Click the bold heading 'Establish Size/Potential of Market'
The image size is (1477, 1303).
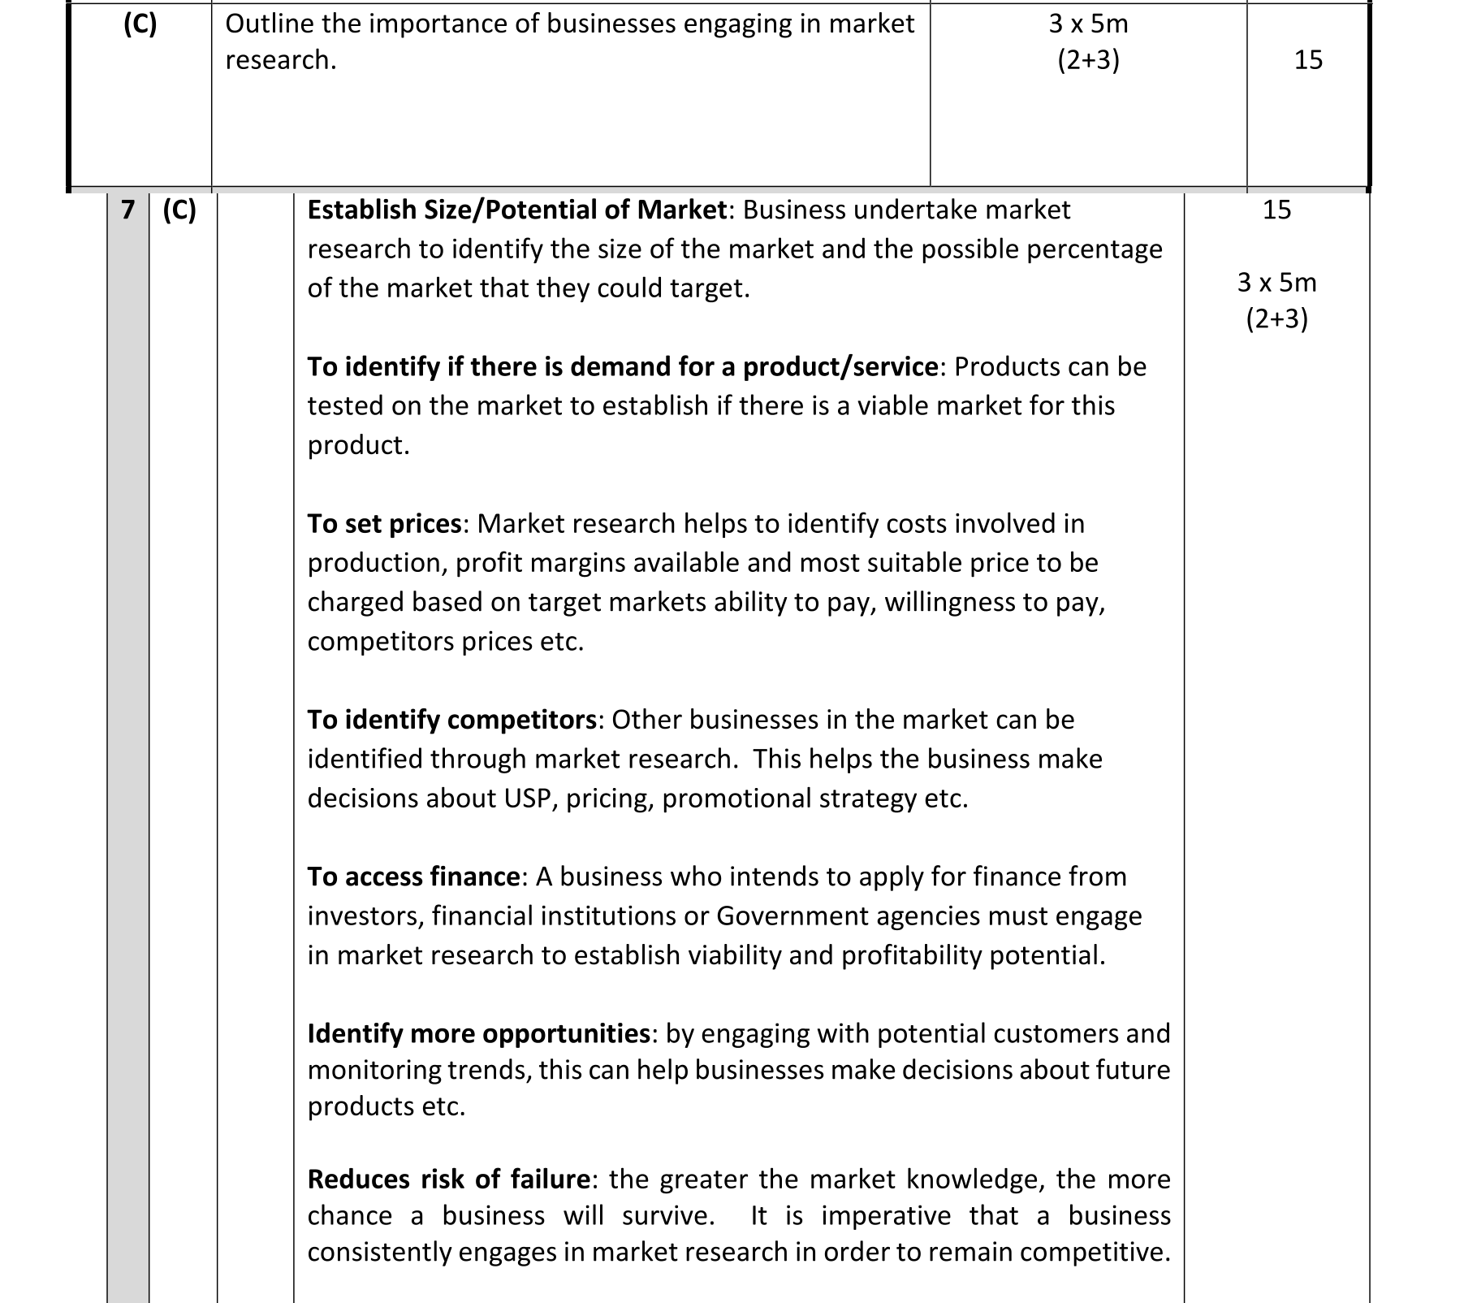click(x=516, y=210)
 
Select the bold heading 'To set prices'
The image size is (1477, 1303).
click(x=384, y=524)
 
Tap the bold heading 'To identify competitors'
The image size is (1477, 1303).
click(x=451, y=721)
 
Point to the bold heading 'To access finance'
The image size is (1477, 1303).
click(x=413, y=877)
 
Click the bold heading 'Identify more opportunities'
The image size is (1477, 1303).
click(x=479, y=1034)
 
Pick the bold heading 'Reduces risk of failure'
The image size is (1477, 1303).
click(x=449, y=1180)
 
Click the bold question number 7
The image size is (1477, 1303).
click(x=127, y=210)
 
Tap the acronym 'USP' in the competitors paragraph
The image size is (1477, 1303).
click(x=529, y=799)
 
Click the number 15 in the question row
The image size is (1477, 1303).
click(x=1308, y=60)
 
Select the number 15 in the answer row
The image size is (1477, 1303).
click(x=1276, y=210)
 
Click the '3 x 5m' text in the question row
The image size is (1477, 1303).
click(x=1088, y=24)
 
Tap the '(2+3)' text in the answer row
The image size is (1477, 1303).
click(x=1276, y=319)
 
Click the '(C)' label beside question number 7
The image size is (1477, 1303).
click(x=179, y=210)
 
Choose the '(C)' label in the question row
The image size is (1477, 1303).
click(x=140, y=24)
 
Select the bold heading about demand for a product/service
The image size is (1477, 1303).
click(x=623, y=367)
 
